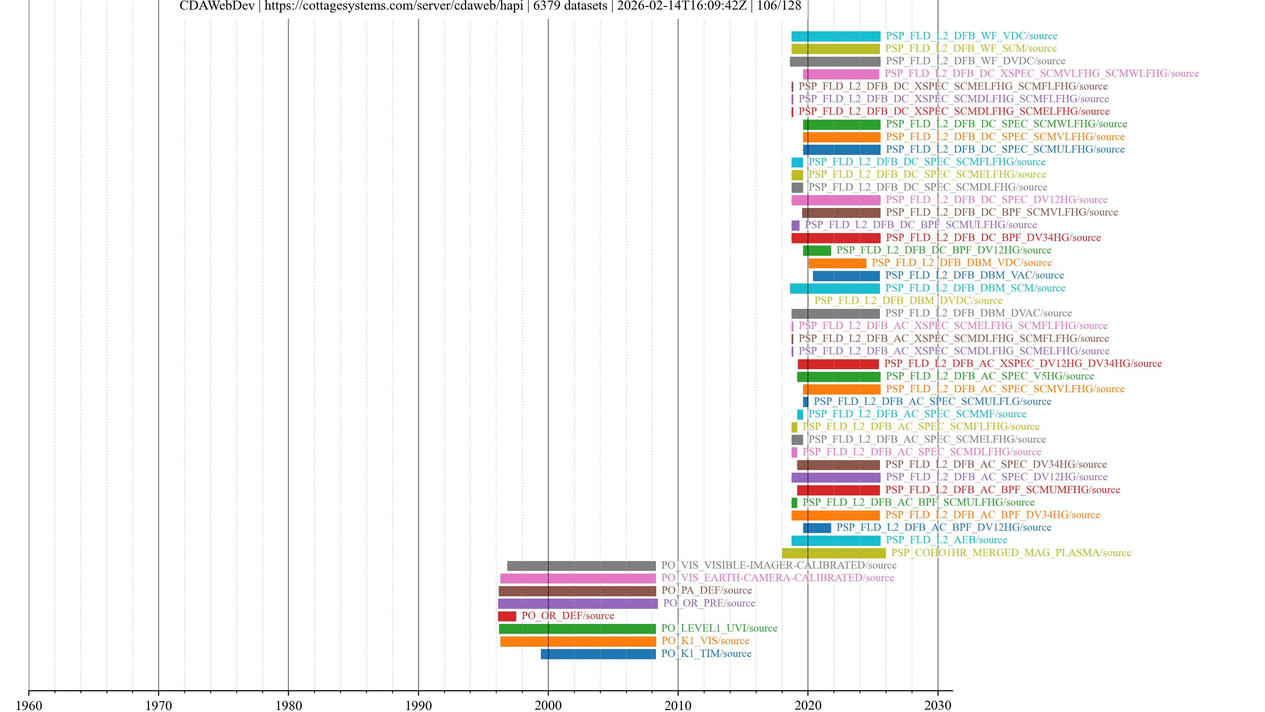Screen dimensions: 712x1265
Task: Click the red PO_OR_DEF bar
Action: click(507, 616)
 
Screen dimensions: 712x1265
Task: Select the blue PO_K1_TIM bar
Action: click(598, 654)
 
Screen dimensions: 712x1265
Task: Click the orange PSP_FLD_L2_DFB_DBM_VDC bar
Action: click(837, 263)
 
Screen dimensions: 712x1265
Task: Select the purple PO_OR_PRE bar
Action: click(577, 604)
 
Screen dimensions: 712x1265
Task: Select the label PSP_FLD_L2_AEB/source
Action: click(946, 540)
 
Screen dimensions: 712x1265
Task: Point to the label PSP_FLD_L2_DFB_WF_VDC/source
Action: click(971, 36)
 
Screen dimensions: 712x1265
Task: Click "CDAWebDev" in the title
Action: click(217, 6)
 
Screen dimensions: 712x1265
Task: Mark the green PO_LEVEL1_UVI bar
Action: click(577, 629)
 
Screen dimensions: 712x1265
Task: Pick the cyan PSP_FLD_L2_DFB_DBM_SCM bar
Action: click(834, 288)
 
